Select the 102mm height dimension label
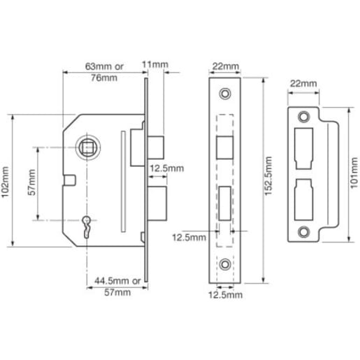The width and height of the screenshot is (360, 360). click(x=6, y=181)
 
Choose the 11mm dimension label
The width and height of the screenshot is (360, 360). click(x=159, y=64)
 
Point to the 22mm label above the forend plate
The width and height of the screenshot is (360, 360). click(x=224, y=66)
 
